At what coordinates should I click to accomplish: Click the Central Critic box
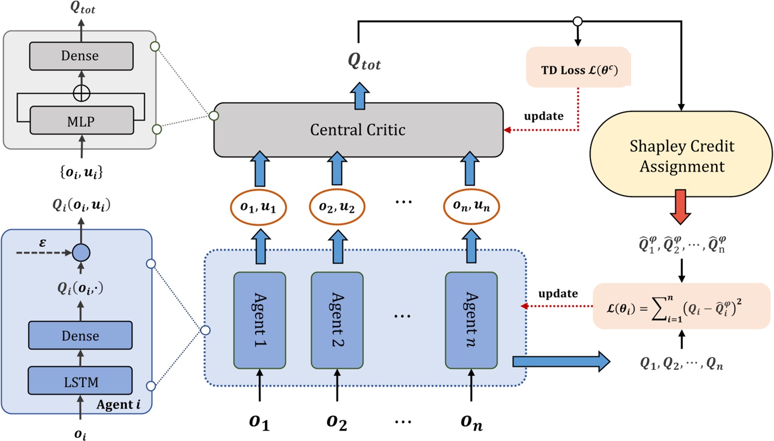tap(358, 130)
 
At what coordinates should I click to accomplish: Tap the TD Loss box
tap(578, 68)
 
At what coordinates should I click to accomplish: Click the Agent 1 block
tap(259, 320)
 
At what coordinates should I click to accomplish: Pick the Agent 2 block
tap(337, 320)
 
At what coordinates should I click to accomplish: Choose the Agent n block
tap(471, 320)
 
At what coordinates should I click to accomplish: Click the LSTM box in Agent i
tap(80, 381)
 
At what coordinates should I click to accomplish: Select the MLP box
tap(81, 121)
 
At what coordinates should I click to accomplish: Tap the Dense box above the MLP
tap(81, 56)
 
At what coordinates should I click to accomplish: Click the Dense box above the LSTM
tap(80, 336)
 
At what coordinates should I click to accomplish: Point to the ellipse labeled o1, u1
tap(258, 207)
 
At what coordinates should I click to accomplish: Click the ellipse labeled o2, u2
tap(337, 207)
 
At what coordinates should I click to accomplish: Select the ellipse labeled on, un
tap(471, 206)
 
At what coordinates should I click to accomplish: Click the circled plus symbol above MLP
tap(81, 93)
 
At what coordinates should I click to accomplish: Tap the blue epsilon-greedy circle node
tap(81, 253)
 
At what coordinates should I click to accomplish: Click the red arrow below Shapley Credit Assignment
tap(680, 206)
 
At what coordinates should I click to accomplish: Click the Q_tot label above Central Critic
tap(364, 62)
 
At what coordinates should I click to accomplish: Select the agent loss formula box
tap(681, 306)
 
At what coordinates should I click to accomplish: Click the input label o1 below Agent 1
tap(259, 422)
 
